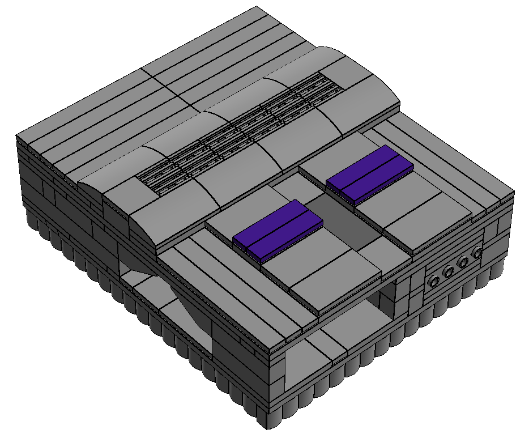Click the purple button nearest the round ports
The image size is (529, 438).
coord(369,175)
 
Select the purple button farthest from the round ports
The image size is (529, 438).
coord(278,231)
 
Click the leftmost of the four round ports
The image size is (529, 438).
coord(435,281)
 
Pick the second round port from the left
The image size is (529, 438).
coord(449,273)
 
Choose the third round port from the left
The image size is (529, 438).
coord(464,262)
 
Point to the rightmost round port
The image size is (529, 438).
coord(477,253)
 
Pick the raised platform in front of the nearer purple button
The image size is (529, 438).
coord(323,278)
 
